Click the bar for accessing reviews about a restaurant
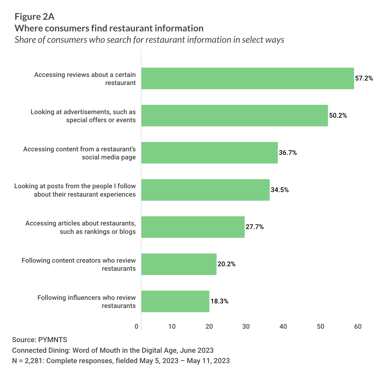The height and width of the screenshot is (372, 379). tap(247, 78)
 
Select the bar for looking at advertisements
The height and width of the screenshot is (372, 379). tap(235, 116)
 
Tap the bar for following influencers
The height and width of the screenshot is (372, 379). tap(175, 301)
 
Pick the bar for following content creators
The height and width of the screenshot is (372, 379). tap(179, 264)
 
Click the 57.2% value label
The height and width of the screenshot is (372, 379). tap(364, 78)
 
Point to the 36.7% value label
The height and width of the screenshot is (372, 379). tap(288, 153)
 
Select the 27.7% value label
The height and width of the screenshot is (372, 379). tap(255, 227)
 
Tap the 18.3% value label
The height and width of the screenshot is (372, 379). tap(219, 301)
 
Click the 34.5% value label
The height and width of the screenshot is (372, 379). tap(280, 190)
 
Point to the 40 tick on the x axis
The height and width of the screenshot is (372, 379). tap(283, 327)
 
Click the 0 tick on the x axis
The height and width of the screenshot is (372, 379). tap(137, 327)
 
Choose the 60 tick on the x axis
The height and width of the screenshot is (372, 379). tap(358, 327)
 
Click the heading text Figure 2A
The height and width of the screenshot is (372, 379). tap(34, 17)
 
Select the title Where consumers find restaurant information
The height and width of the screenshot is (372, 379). tap(109, 28)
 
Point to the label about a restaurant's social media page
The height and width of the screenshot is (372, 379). tap(79, 153)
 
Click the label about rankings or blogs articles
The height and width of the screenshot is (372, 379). tap(80, 227)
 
